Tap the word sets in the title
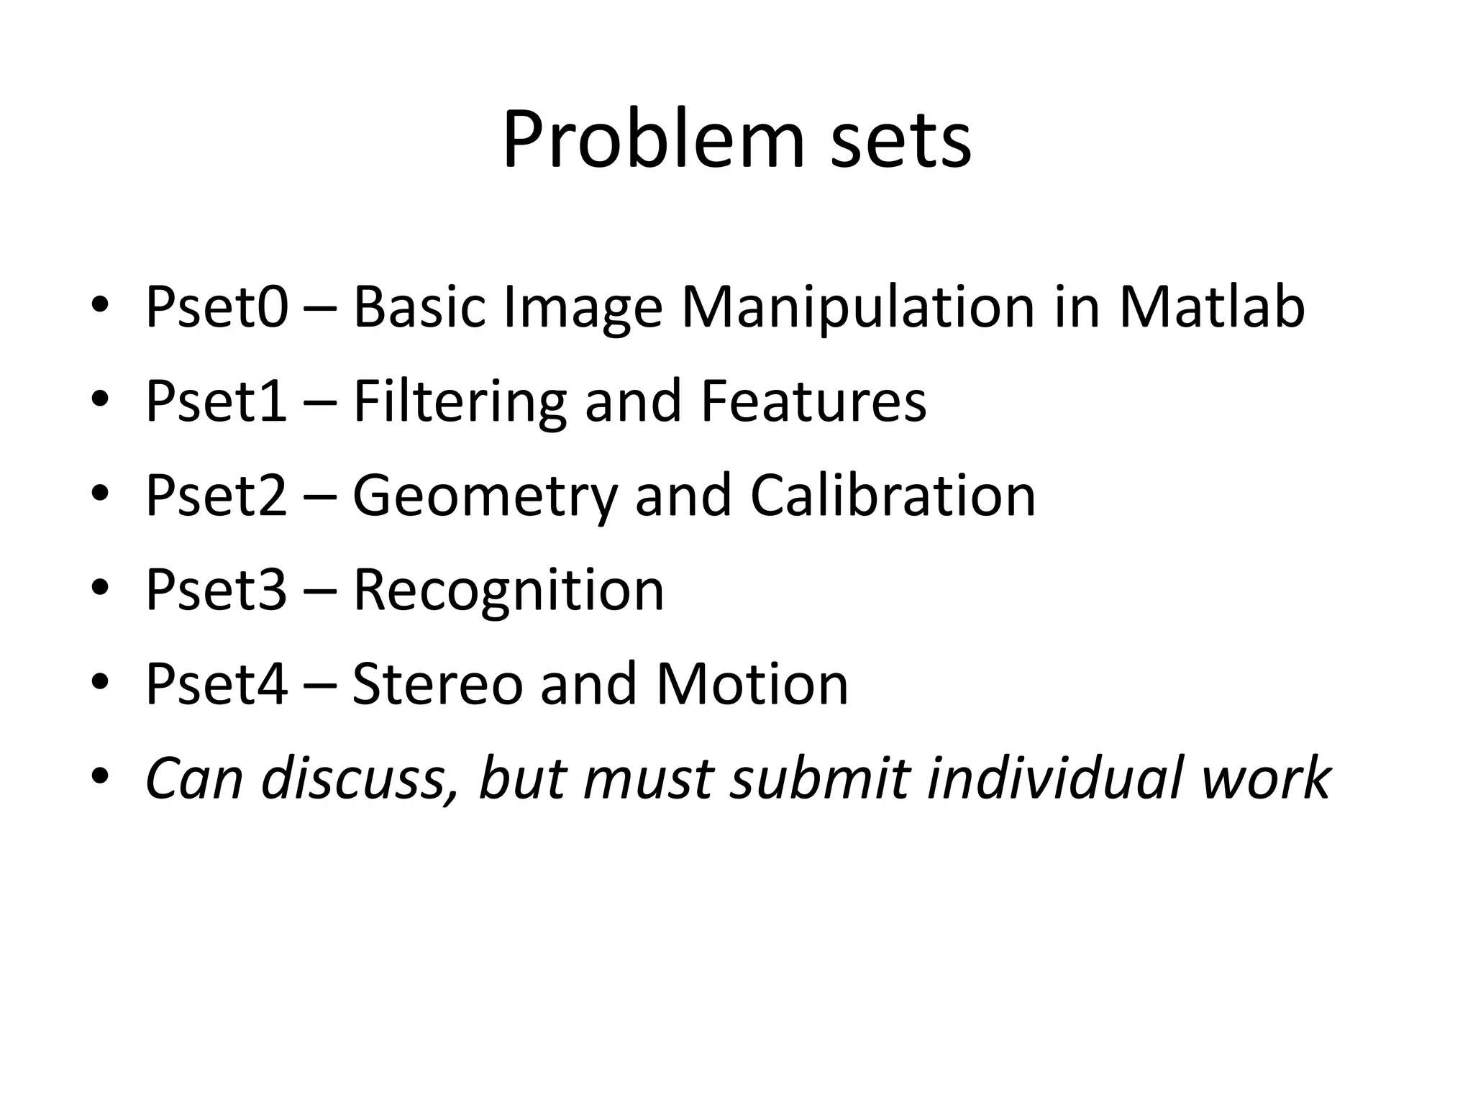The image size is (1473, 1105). click(900, 140)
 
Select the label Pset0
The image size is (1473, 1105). click(216, 308)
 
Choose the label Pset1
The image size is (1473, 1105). click(216, 401)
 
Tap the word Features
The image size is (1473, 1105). click(813, 401)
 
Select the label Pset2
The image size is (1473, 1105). click(216, 496)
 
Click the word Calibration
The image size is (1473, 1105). click(893, 496)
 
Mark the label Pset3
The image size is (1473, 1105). click(216, 590)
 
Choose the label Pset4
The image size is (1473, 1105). click(216, 684)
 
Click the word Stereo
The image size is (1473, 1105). click(437, 684)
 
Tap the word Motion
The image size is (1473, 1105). click(752, 684)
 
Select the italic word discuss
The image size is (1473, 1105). click(360, 779)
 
